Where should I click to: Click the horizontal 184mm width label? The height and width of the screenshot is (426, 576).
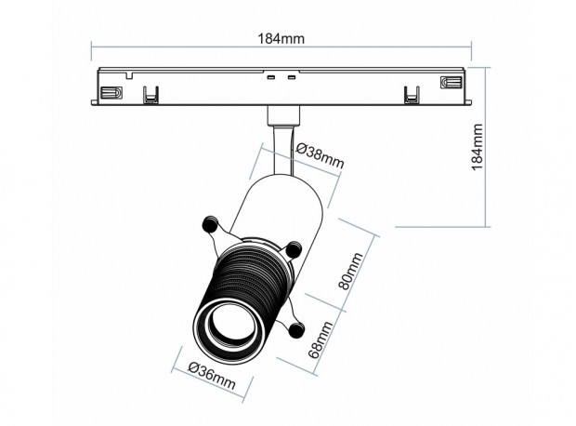coord(281,38)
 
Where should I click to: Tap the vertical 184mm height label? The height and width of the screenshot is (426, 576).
coord(477,147)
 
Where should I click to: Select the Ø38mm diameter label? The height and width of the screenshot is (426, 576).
coord(320,155)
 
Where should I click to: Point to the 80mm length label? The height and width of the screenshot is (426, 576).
coord(350,271)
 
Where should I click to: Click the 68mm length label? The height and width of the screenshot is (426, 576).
coord(321,340)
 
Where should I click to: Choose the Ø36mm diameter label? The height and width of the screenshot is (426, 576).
coord(212,376)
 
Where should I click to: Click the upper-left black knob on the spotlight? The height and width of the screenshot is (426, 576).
coord(211,224)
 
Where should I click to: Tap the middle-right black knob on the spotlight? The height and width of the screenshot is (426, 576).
coord(294,250)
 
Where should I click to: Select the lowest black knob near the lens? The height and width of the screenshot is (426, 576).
coord(296,329)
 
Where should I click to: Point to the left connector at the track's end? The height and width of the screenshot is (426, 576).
coord(111,92)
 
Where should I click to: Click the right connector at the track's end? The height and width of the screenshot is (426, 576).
coord(452,82)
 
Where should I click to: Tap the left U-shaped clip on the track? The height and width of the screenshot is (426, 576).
coord(151,95)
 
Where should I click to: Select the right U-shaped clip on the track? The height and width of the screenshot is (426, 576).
coord(412,95)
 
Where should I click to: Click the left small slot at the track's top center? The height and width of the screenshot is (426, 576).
coord(271,77)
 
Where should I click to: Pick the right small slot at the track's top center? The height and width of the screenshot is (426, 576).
coord(292,77)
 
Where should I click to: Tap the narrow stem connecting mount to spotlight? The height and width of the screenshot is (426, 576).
coord(283,150)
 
